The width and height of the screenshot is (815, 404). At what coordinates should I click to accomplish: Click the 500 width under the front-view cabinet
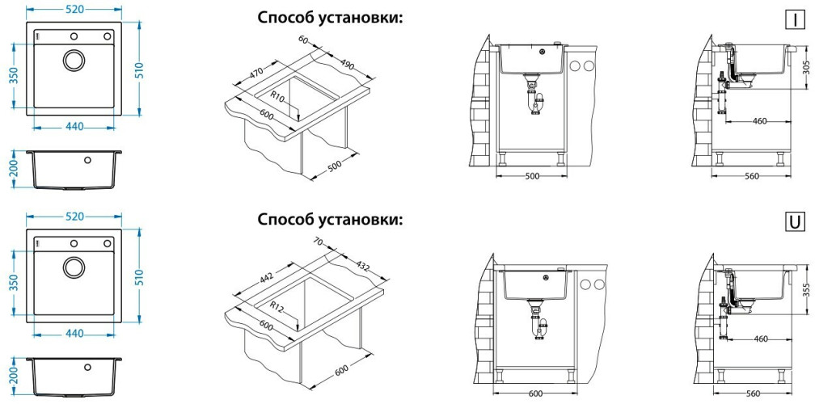pos(531,175)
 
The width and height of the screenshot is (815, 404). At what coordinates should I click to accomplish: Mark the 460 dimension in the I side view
pos(759,121)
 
